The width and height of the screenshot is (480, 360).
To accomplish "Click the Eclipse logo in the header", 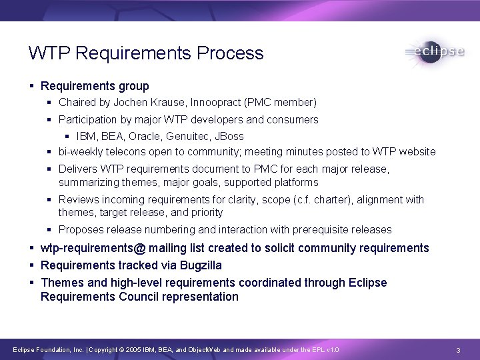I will tap(434, 53).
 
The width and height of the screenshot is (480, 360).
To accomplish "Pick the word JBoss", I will tap(229, 137).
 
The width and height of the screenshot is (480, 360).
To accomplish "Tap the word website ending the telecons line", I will tap(415, 151).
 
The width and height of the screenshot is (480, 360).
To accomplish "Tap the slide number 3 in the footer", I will tap(459, 350).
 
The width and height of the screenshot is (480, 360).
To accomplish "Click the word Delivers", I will tap(77, 169).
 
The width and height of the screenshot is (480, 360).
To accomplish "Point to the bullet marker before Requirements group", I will tap(33, 87).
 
